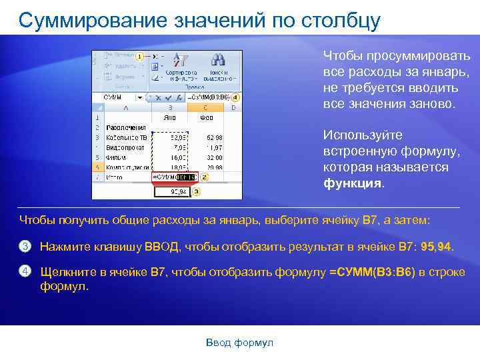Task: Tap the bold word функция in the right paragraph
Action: pyautogui.click(x=353, y=183)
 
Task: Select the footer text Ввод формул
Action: pyautogui.click(x=239, y=342)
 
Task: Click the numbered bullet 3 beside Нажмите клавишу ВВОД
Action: pyautogui.click(x=25, y=247)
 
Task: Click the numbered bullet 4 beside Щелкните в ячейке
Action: pyautogui.click(x=25, y=271)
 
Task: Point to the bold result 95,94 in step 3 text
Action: pyautogui.click(x=436, y=247)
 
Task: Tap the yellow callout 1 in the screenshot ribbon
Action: pyautogui.click(x=139, y=57)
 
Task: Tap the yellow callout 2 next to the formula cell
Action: pyautogui.click(x=204, y=177)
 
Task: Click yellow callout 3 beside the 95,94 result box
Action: pyautogui.click(x=195, y=191)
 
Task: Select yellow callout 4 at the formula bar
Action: pyautogui.click(x=236, y=97)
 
